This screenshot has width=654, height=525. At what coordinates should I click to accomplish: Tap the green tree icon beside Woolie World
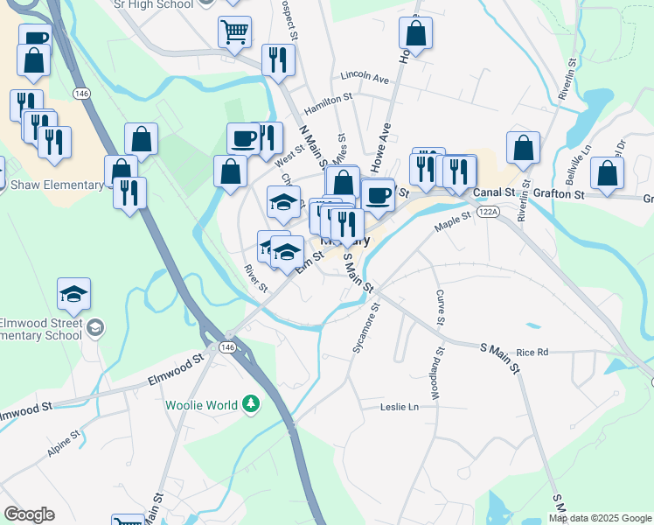pyautogui.click(x=252, y=403)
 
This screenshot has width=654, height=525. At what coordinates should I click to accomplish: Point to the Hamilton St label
pyautogui.click(x=327, y=104)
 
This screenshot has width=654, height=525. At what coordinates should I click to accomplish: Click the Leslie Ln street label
pyautogui.click(x=400, y=407)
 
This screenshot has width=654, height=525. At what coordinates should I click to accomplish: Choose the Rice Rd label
pyautogui.click(x=532, y=353)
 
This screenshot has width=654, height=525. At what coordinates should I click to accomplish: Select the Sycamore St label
pyautogui.click(x=365, y=329)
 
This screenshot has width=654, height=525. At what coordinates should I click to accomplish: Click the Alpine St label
pyautogui.click(x=64, y=444)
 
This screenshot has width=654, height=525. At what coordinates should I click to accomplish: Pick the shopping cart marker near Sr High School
pyautogui.click(x=234, y=32)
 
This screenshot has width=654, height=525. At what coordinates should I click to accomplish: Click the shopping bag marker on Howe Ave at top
pyautogui.click(x=416, y=33)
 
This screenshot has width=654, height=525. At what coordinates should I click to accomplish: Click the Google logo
pyautogui.click(x=29, y=514)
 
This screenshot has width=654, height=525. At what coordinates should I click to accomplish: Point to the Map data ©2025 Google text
pyautogui.click(x=600, y=518)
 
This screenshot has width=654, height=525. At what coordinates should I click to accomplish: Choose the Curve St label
pyautogui.click(x=441, y=305)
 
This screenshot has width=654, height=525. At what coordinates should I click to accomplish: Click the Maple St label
pyautogui.click(x=453, y=223)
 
